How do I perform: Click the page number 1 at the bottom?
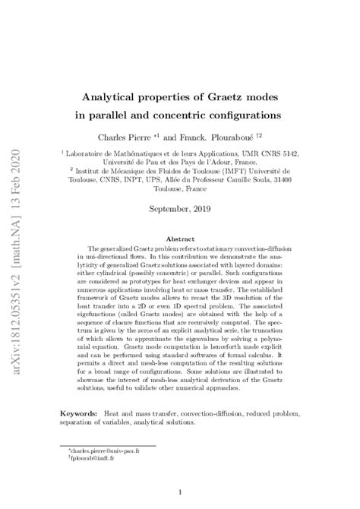[180, 492]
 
